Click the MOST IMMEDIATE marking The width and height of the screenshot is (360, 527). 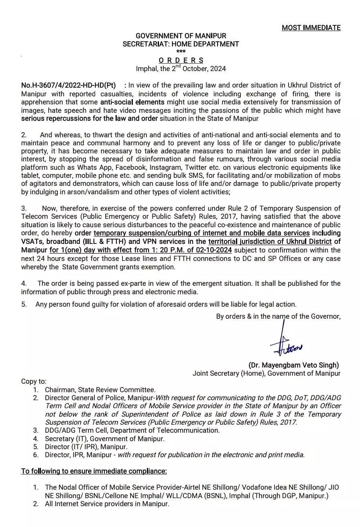click(311, 28)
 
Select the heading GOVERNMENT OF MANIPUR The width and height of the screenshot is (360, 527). click(181, 36)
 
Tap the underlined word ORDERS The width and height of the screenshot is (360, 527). click(181, 60)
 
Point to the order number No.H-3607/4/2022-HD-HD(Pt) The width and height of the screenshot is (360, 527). click(68, 85)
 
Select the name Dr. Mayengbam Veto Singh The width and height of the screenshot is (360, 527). click(293, 365)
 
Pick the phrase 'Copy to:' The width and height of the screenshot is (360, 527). click(34, 381)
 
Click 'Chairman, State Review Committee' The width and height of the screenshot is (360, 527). click(100, 389)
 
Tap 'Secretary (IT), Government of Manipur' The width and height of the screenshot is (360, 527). click(104, 439)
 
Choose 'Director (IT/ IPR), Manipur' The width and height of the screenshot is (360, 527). click(86, 447)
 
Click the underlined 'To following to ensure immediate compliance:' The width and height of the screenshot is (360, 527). click(94, 471)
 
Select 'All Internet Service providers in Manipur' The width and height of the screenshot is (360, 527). click(107, 504)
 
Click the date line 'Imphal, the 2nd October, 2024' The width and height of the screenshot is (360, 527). click(181, 69)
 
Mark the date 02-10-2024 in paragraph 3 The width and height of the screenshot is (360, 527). click(214, 250)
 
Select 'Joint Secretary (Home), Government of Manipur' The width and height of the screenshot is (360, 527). click(266, 373)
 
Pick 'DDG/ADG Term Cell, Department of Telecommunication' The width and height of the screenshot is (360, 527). click(132, 430)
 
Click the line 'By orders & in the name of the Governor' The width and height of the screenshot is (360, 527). click(278, 316)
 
